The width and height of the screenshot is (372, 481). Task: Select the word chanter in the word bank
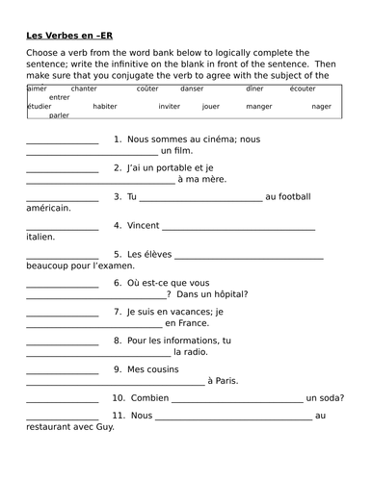point(84,89)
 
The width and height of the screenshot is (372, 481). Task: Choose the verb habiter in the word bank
point(105,106)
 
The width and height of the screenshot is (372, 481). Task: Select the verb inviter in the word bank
point(169,106)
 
